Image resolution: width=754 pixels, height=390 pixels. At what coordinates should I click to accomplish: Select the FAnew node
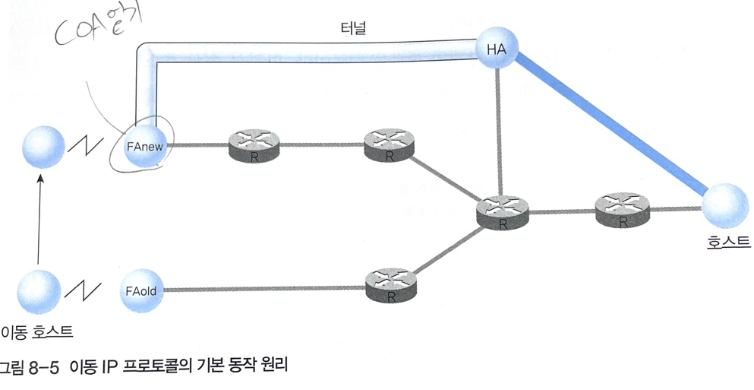pos(146,144)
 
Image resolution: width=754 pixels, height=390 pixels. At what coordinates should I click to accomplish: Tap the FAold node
pos(141,290)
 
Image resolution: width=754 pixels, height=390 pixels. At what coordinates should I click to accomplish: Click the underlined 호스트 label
pos(728,243)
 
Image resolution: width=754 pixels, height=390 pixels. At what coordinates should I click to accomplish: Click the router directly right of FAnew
pos(253,144)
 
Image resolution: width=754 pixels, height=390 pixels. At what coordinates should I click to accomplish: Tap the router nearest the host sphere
pos(621,208)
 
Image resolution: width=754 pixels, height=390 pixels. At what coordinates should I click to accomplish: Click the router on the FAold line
pos(390,284)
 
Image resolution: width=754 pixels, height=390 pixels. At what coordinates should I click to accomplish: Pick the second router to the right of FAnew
pos(389,143)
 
